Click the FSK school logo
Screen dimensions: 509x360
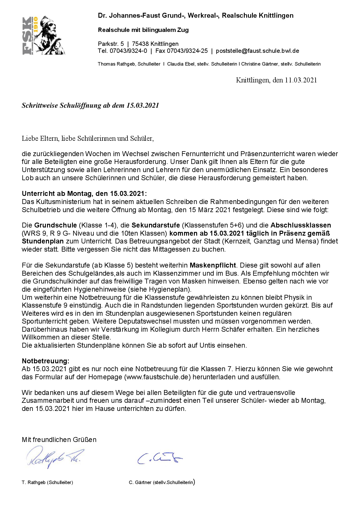click(x=44, y=35)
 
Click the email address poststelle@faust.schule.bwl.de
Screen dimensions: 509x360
click(x=257, y=51)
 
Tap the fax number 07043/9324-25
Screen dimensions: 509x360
click(x=188, y=51)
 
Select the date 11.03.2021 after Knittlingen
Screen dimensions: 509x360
click(x=301, y=80)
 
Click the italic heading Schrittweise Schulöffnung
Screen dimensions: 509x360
click(x=90, y=105)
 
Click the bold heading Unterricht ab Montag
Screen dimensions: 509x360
click(x=84, y=194)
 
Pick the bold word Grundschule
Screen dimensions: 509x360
click(x=55, y=225)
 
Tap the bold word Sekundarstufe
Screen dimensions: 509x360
click(x=156, y=225)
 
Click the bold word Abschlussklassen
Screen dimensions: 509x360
click(x=300, y=225)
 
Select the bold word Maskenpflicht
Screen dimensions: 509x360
click(x=213, y=265)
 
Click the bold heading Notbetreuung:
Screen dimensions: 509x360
click(x=46, y=361)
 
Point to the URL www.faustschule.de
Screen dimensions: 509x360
click(x=157, y=377)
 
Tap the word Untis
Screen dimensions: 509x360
click(x=207, y=345)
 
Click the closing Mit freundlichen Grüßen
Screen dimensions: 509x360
click(x=59, y=440)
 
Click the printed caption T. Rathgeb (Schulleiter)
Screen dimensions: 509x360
click(x=47, y=482)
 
